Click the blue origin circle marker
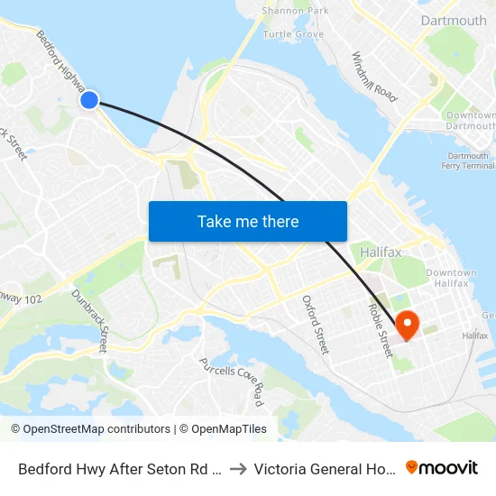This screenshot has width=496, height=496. click(x=89, y=100)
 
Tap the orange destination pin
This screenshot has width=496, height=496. click(x=406, y=324)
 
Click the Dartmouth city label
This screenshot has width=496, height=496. click(x=453, y=20)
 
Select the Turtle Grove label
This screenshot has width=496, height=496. click(x=293, y=34)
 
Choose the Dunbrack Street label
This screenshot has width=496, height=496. click(x=90, y=320)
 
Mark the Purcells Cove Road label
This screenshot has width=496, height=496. click(x=232, y=380)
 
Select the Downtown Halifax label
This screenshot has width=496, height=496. click(x=451, y=278)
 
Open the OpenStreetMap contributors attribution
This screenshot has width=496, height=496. click(x=90, y=429)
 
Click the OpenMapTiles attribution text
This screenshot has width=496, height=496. click(x=223, y=429)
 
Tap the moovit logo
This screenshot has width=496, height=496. click(x=442, y=468)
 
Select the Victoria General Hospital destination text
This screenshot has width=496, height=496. click(x=325, y=469)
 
